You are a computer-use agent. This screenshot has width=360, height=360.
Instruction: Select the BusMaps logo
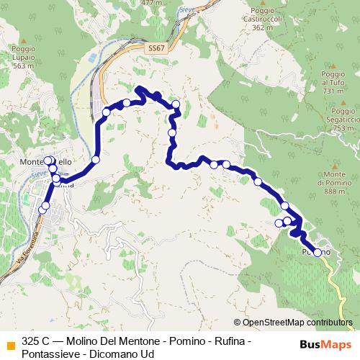coord(325,344)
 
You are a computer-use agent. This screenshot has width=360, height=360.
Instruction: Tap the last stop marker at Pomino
coord(318,252)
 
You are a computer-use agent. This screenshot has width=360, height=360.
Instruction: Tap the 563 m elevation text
coord(23,66)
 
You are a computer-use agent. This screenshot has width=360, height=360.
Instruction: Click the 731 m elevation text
coord(333,91)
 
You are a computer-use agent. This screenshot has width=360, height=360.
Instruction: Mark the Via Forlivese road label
coord(22,252)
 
